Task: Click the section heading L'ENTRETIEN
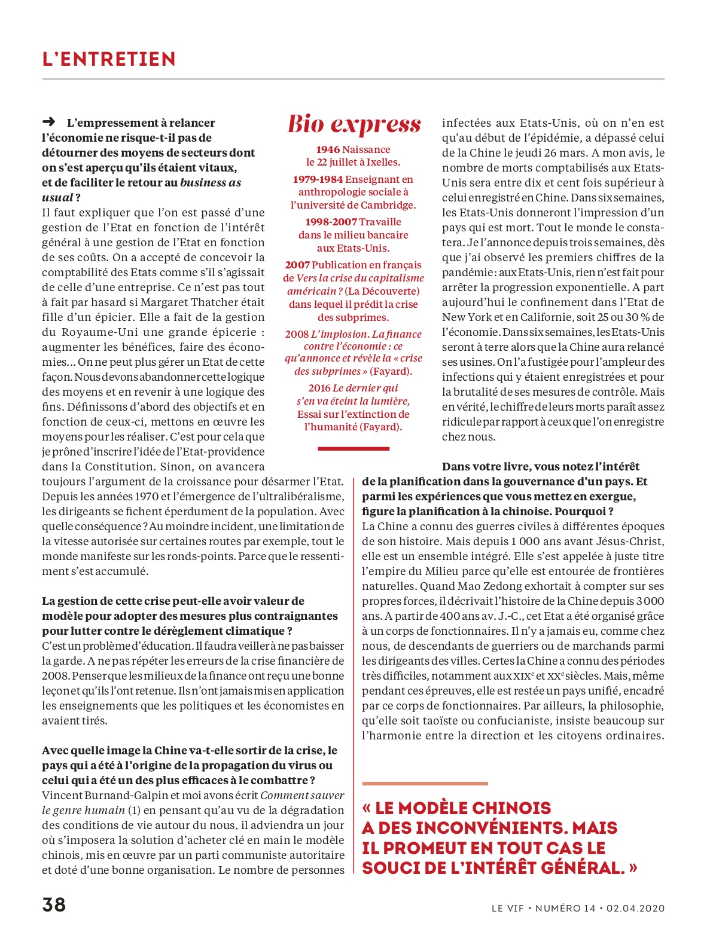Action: [x=109, y=59]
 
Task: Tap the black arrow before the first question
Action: [x=49, y=122]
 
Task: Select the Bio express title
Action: [x=354, y=124]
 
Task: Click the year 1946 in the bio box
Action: [x=328, y=149]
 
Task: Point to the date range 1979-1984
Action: [x=318, y=179]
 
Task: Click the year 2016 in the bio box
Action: [x=319, y=388]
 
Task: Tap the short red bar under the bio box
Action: [x=354, y=448]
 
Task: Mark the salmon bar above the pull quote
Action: [x=425, y=783]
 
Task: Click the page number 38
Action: [x=54, y=904]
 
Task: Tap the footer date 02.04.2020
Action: [x=635, y=909]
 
